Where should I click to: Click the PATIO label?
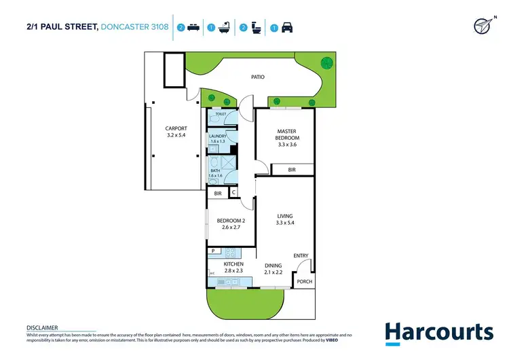[x=256, y=77]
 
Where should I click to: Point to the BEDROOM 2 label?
[x=230, y=223]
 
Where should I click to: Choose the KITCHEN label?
[x=233, y=267]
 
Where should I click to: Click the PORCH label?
[x=304, y=281]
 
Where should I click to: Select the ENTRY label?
[x=301, y=256]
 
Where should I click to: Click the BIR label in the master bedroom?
[x=291, y=170]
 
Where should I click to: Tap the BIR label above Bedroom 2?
[x=218, y=194]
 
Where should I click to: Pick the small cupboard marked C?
[x=234, y=193]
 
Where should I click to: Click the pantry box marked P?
[x=212, y=251]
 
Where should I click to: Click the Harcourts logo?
[x=438, y=333]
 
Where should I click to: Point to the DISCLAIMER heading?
[x=42, y=327]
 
